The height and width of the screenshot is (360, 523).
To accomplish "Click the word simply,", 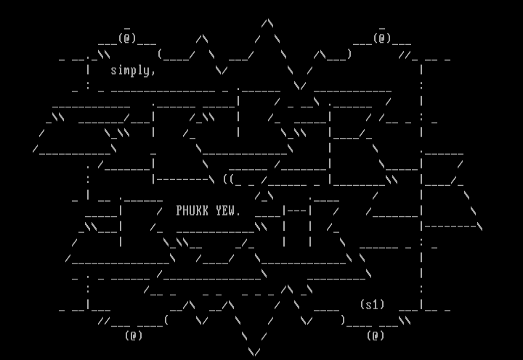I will click(133, 70).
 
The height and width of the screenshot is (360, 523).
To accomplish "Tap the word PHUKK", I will click(192, 211).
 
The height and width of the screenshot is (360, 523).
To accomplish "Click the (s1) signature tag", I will click(372, 305).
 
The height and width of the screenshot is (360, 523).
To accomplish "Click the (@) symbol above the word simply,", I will click(127, 38).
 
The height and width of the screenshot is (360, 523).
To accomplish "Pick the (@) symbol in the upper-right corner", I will click(382, 38).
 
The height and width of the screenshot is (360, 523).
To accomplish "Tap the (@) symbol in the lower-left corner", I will click(134, 335).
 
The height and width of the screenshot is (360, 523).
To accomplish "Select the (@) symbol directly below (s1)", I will click(376, 335).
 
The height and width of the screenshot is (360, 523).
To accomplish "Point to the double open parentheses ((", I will click(228, 179).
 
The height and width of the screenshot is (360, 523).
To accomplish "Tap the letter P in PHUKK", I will click(179, 211).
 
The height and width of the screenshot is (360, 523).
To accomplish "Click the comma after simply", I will click(153, 73).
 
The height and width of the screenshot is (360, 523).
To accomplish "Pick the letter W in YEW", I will click(232, 211).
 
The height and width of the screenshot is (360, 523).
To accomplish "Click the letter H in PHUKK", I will click(186, 211).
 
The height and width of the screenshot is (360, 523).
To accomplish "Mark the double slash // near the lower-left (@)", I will click(104, 320).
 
